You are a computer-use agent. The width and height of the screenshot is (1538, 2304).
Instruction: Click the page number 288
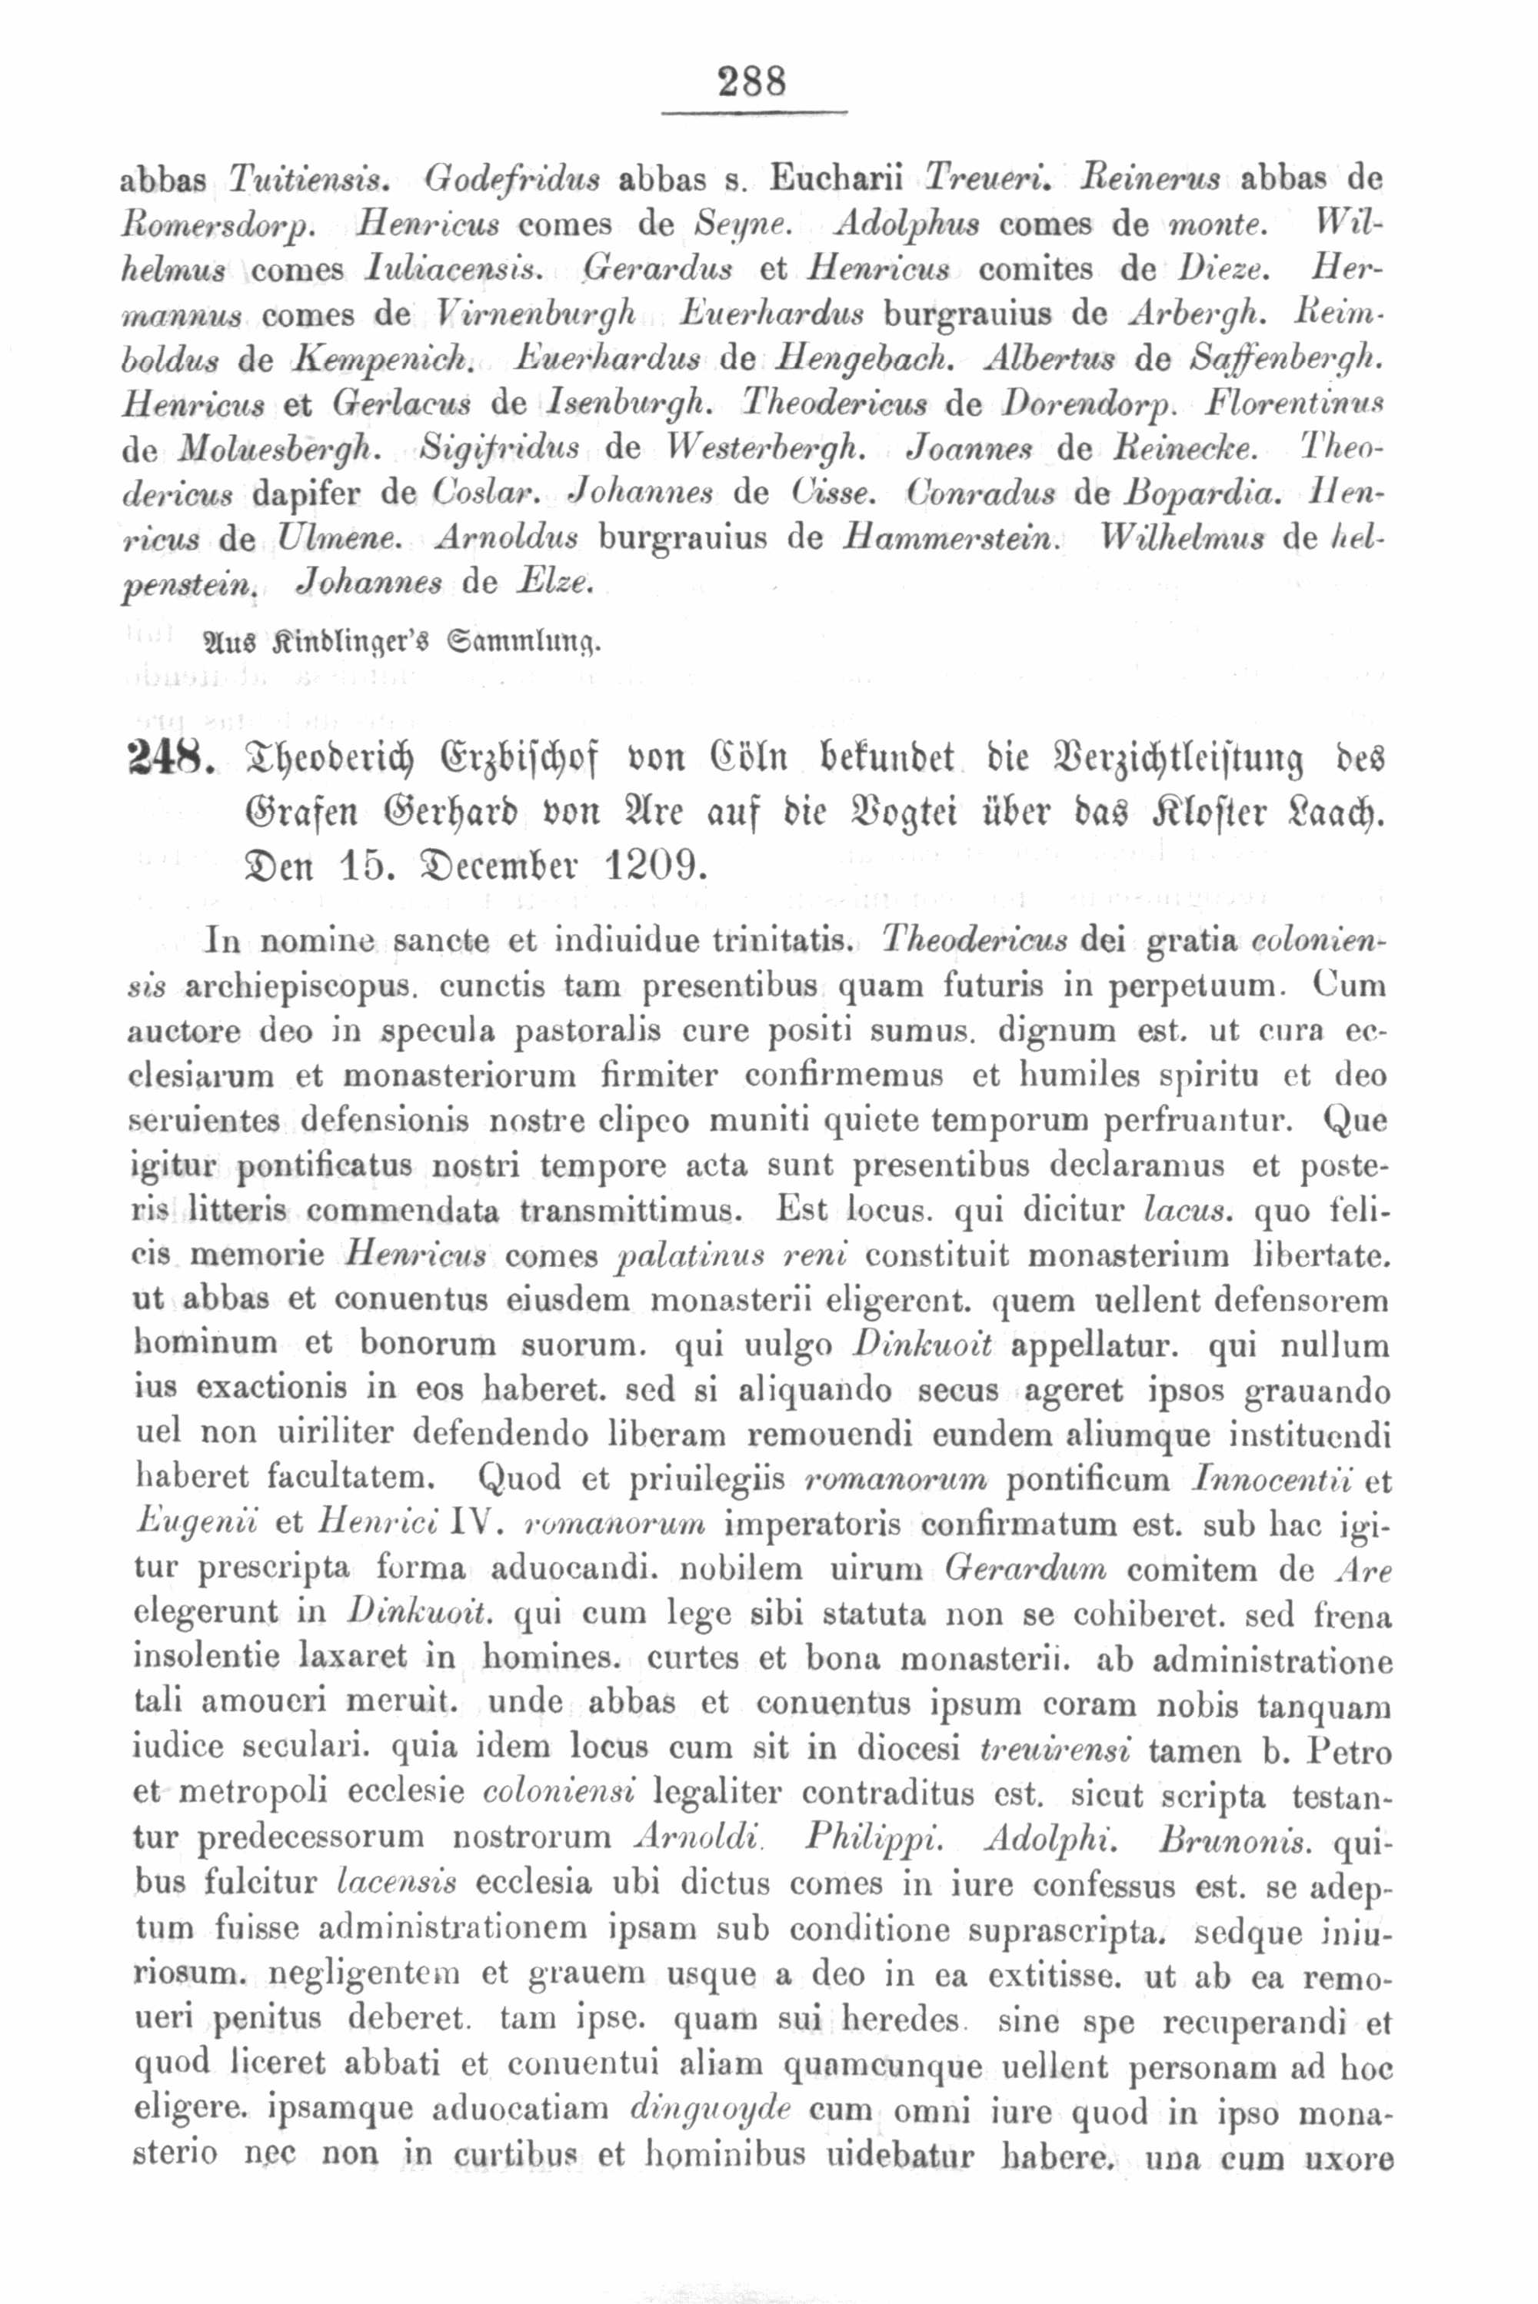click(752, 81)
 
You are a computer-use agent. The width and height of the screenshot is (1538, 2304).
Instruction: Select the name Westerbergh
click(777, 449)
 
